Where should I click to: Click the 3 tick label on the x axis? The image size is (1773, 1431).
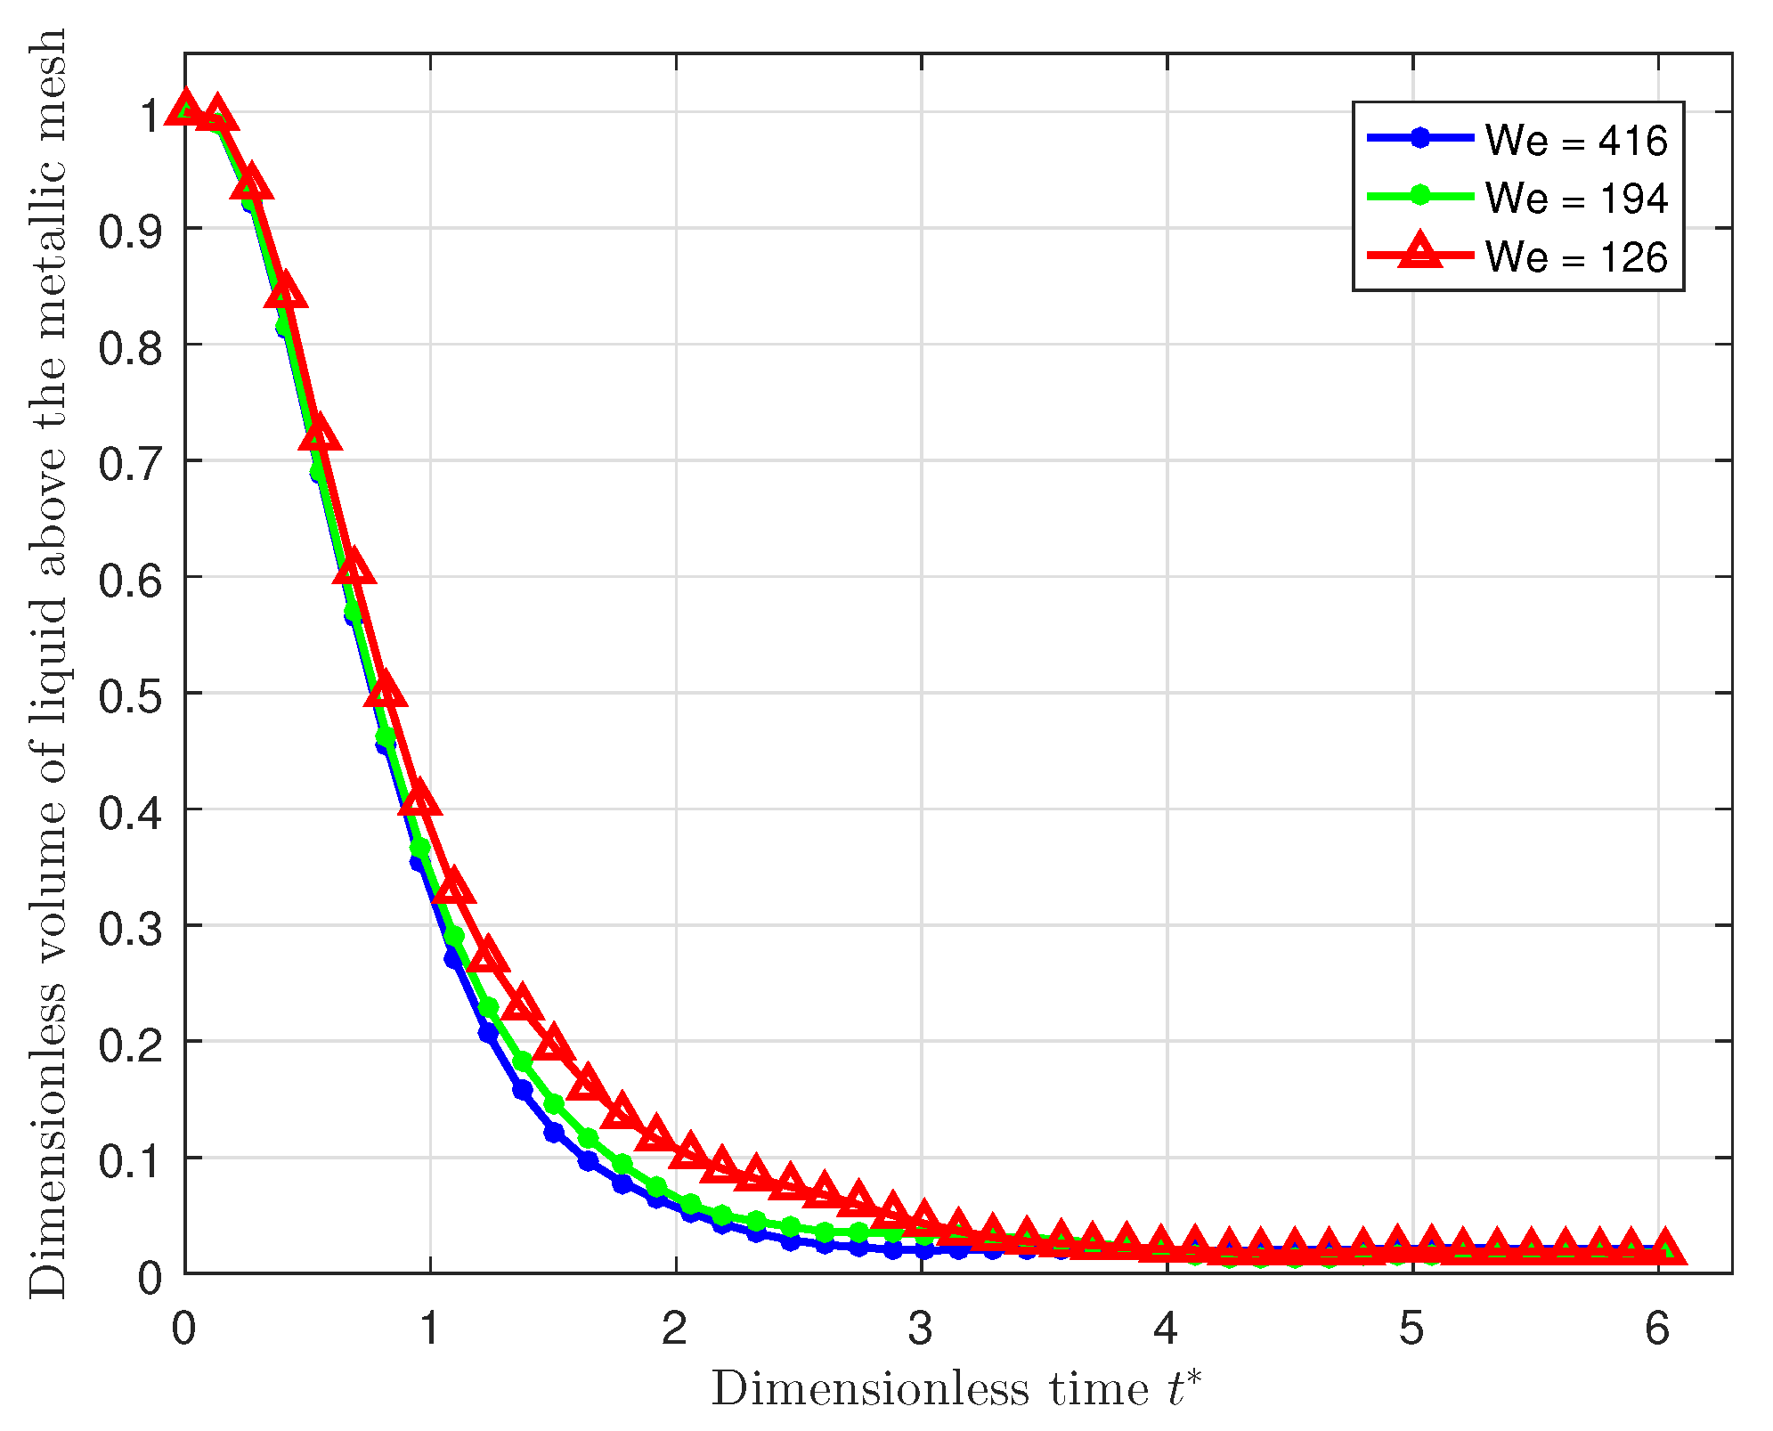tap(921, 1329)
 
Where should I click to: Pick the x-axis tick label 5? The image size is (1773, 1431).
tap(1411, 1329)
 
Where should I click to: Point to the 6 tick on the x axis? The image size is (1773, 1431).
tap(1657, 1329)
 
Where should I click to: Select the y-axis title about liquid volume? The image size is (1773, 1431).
tap(46, 663)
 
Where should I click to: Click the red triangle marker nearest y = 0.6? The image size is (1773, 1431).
tap(354, 568)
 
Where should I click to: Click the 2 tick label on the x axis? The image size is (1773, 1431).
tap(675, 1329)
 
